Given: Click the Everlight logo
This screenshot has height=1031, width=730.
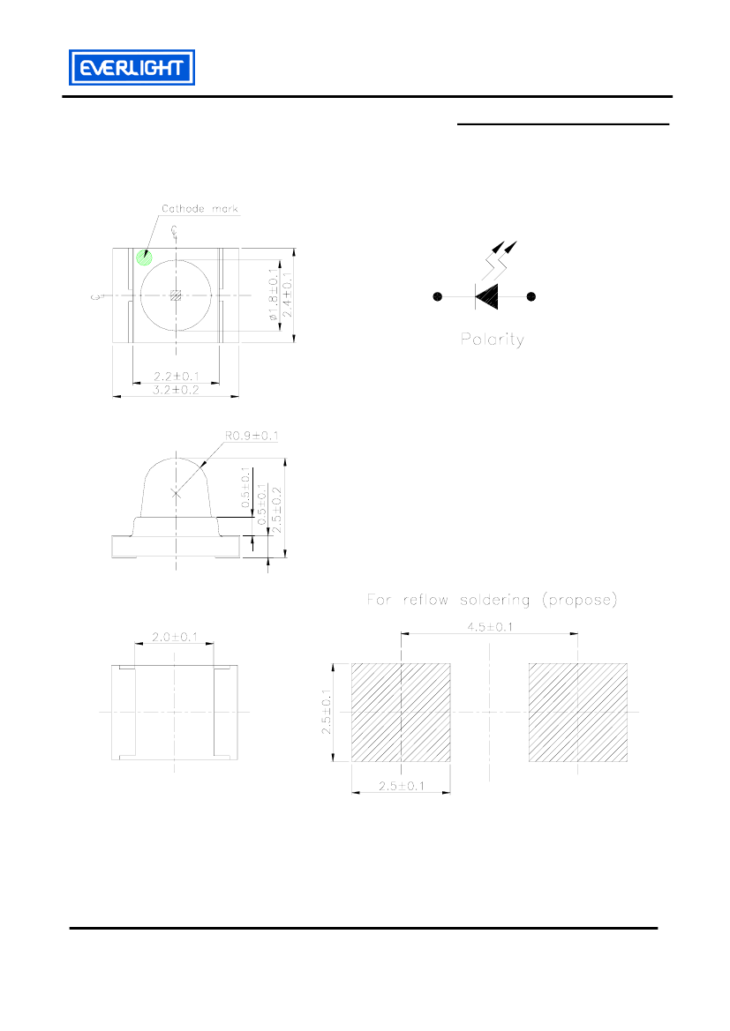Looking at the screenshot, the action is click(x=132, y=67).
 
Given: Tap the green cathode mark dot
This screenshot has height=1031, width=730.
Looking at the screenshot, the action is click(x=144, y=258).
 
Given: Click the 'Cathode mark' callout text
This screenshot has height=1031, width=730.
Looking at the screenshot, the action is click(x=200, y=208).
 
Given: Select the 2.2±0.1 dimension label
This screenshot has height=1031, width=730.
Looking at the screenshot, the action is click(x=177, y=376).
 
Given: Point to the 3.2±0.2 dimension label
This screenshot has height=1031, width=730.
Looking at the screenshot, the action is click(x=176, y=390).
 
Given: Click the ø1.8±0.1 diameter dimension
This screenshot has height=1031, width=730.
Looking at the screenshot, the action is click(x=273, y=295).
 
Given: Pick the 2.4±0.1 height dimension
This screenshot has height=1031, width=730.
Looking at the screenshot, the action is click(x=287, y=295).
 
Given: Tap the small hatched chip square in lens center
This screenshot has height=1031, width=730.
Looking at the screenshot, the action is click(x=176, y=295).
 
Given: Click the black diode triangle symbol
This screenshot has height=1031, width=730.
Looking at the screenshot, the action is click(x=486, y=296).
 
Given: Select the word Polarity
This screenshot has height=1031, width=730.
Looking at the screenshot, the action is click(x=493, y=340).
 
